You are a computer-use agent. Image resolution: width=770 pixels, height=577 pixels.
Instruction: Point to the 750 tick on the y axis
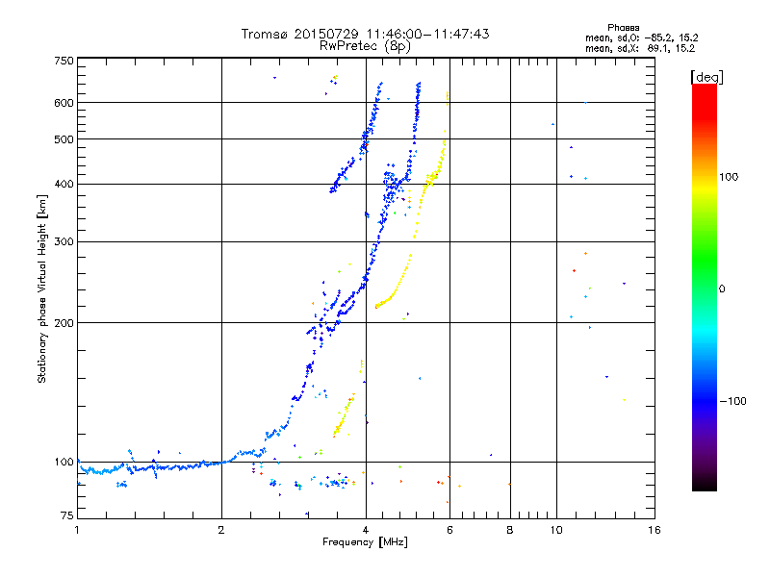pos(64,61)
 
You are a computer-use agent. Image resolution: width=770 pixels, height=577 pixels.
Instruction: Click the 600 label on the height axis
pos(64,103)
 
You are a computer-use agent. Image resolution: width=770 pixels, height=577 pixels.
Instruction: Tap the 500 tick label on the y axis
pos(64,139)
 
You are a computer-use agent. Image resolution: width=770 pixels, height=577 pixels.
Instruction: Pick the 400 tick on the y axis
pos(64,184)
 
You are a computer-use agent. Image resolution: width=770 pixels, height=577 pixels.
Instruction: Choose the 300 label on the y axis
pos(64,241)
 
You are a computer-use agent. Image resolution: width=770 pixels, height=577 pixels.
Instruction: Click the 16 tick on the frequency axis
pos(654,530)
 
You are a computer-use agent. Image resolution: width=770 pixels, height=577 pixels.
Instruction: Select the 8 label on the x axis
pos(510,530)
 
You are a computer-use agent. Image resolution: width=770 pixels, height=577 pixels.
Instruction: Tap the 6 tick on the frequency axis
pos(449,530)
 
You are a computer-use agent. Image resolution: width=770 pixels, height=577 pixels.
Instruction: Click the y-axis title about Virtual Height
pos(42,288)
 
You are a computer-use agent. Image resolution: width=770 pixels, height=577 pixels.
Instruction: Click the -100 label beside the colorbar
pos(733,401)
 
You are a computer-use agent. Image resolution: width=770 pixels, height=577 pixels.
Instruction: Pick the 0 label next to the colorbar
pos(723,288)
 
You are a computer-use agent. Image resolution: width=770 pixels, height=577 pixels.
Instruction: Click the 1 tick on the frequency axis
pos(78,530)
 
